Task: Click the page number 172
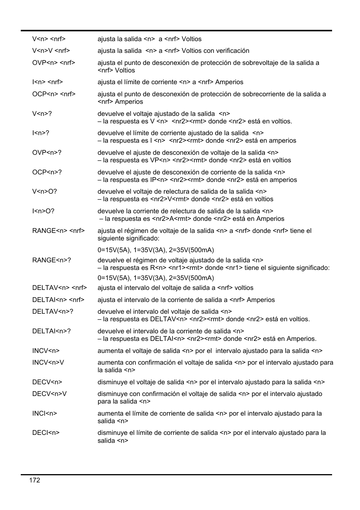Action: click(x=34, y=480)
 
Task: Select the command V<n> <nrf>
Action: click(x=49, y=39)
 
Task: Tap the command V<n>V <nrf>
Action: click(x=51, y=51)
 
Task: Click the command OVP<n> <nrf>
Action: click(x=54, y=63)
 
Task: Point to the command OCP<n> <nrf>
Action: click(x=54, y=94)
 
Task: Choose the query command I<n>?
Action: click(x=41, y=133)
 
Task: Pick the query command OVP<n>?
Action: click(x=47, y=153)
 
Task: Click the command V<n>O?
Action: click(x=45, y=191)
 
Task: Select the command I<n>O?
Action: click(x=43, y=211)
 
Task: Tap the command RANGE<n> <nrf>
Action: click(x=58, y=231)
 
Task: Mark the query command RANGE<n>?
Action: click(x=52, y=260)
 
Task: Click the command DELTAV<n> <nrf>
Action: click(x=60, y=288)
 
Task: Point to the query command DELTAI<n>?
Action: click(x=51, y=331)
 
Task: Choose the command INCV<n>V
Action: click(x=48, y=362)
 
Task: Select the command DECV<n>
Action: click(x=47, y=382)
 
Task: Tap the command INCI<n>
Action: click(x=45, y=413)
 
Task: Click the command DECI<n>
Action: click(x=46, y=433)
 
